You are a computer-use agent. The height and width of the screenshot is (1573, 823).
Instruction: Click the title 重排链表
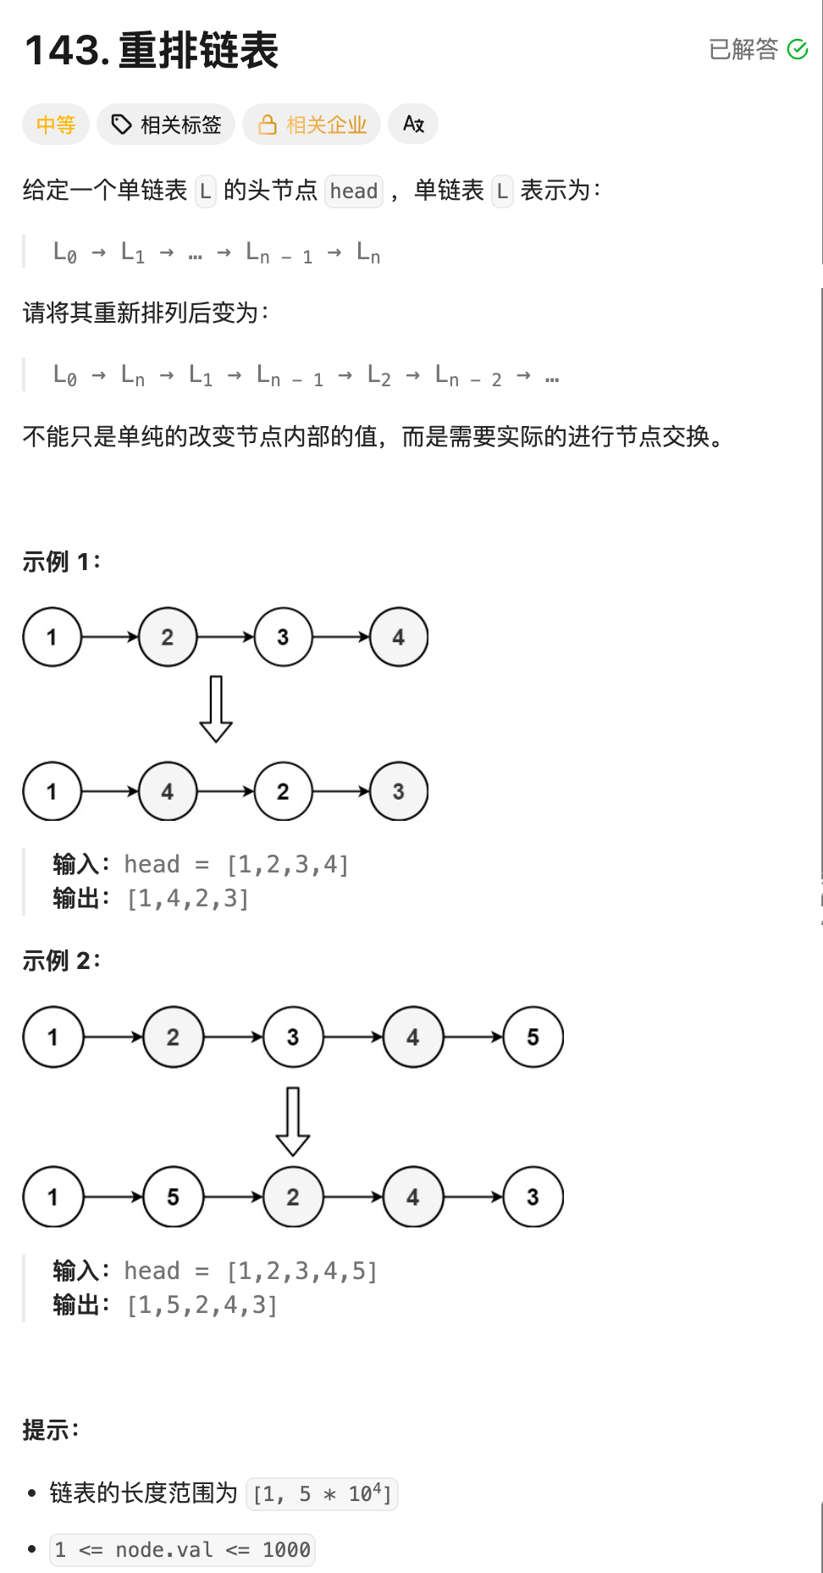click(198, 51)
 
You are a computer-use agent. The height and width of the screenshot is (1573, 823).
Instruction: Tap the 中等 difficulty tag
click(56, 125)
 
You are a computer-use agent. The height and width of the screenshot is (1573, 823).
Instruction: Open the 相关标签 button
click(166, 125)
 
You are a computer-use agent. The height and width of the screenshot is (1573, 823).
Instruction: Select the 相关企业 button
click(312, 125)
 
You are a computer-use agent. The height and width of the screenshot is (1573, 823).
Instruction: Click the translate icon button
click(413, 125)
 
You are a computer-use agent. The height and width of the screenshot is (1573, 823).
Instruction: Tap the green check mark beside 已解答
click(798, 50)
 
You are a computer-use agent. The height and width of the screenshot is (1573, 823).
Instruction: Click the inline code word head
click(354, 191)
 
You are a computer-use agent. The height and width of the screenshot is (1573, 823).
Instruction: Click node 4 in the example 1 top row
click(398, 638)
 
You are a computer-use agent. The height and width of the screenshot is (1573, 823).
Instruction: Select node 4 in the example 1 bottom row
click(168, 792)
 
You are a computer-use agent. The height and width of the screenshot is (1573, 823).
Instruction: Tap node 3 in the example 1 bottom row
click(398, 792)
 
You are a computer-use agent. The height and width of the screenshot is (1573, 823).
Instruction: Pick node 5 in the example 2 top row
click(533, 1038)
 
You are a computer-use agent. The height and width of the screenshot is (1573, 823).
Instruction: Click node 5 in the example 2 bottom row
click(173, 1198)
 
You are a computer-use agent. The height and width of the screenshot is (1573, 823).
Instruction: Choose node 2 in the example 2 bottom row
click(293, 1198)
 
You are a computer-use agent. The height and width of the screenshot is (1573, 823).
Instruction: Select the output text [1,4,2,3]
click(188, 899)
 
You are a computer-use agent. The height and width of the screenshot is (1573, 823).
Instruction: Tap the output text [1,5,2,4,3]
click(202, 1305)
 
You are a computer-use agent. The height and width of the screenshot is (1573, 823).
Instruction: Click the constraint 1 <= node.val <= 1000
click(182, 1550)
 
